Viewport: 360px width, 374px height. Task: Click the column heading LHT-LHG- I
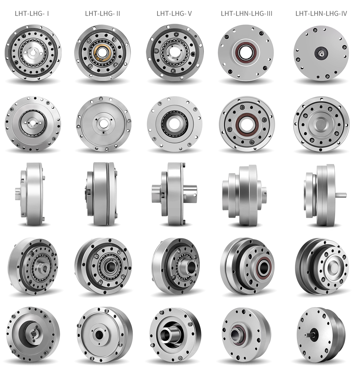32,14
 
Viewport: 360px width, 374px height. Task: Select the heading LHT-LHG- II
102,14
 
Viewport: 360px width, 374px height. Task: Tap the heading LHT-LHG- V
174,14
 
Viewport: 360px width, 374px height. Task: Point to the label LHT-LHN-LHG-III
246,14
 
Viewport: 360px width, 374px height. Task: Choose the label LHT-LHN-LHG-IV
321,14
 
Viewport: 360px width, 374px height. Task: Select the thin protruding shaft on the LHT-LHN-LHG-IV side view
341,195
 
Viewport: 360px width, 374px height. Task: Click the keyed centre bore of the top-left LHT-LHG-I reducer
33,53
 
